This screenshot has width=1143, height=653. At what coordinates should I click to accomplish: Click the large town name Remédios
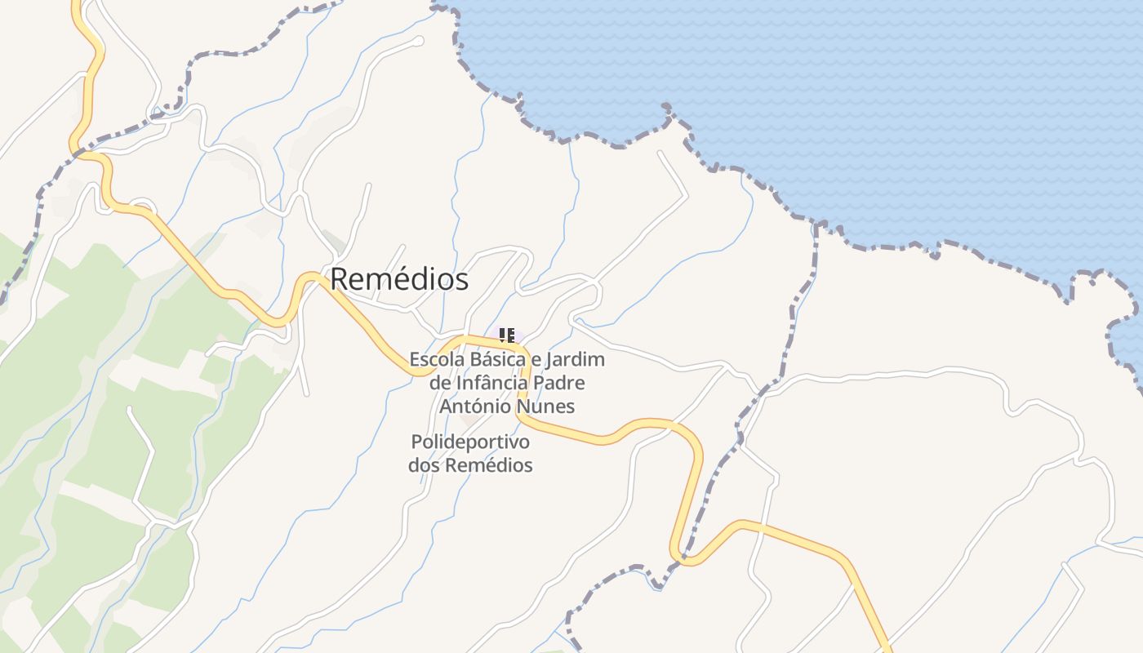pyautogui.click(x=399, y=279)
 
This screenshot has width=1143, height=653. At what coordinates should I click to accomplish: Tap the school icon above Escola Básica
pyautogui.click(x=507, y=335)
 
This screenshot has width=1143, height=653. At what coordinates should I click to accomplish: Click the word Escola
pyautogui.click(x=434, y=359)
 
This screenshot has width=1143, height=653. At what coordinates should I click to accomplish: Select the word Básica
pyautogui.click(x=494, y=359)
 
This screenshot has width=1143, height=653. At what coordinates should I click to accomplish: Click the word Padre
pyautogui.click(x=563, y=383)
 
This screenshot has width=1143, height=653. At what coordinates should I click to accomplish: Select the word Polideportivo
pyautogui.click(x=470, y=442)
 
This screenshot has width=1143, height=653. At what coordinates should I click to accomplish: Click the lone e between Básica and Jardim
pyautogui.click(x=536, y=359)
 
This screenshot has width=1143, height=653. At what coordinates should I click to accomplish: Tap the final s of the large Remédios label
pyautogui.click(x=463, y=279)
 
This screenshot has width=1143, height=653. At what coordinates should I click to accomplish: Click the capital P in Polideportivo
pyautogui.click(x=416, y=442)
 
